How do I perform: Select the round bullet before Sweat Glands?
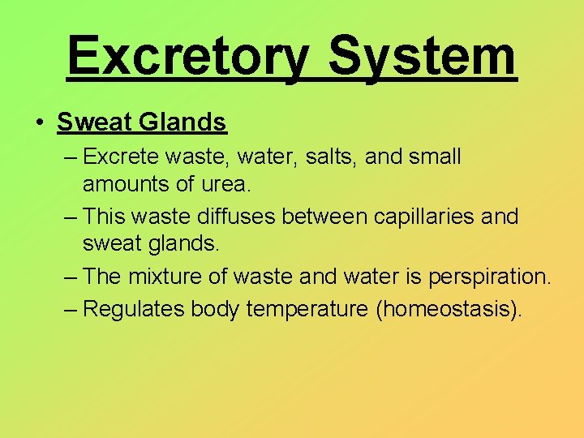[x=40, y=123]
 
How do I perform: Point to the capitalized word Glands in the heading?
[x=183, y=122]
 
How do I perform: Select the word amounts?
[x=126, y=184]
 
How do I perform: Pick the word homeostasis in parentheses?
[x=445, y=308]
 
